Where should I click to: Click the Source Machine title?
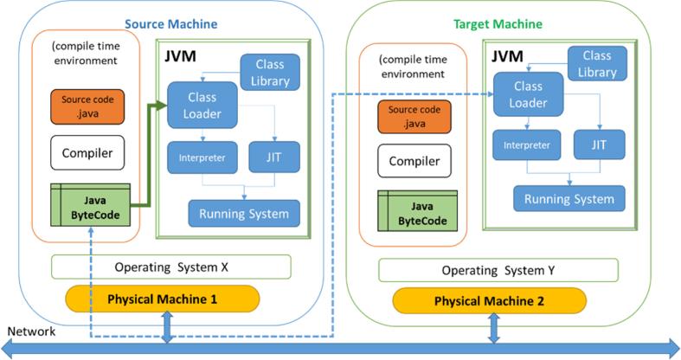(171, 24)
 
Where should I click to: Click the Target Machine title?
(498, 24)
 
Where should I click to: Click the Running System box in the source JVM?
(244, 213)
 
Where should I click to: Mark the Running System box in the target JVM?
(569, 198)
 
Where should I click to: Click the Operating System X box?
(171, 267)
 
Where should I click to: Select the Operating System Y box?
(498, 270)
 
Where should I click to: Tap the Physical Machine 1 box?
(163, 300)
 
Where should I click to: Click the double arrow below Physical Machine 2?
(494, 329)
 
